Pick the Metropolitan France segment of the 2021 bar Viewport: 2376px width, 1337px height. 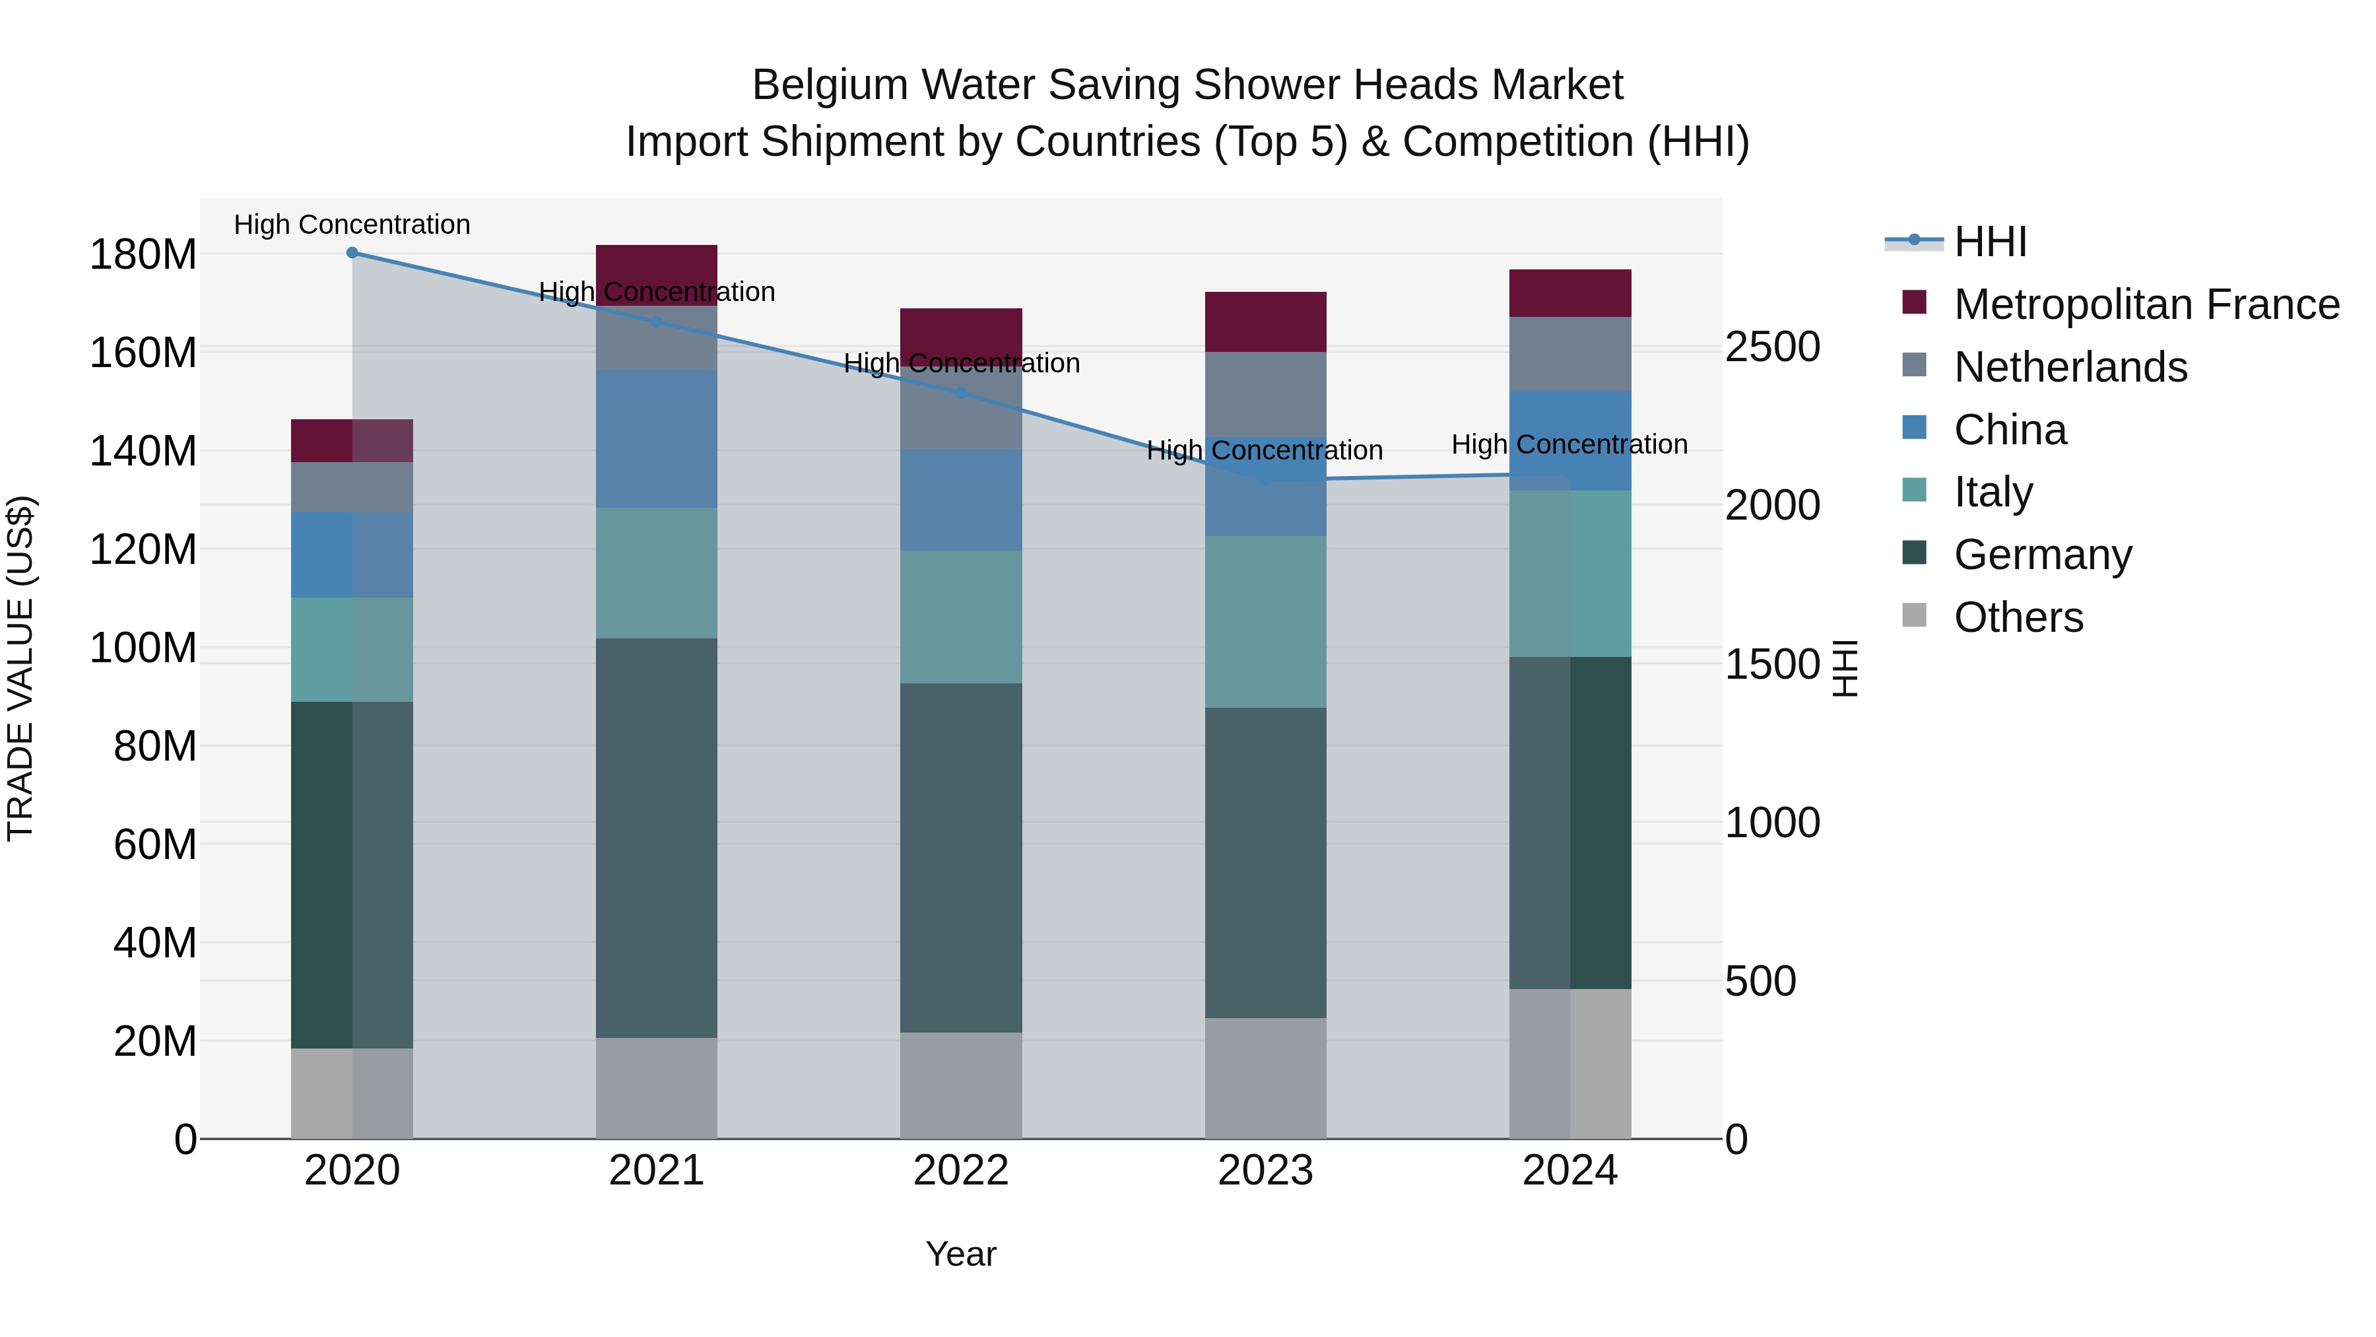click(x=657, y=267)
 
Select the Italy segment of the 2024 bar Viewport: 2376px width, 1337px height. click(x=1570, y=574)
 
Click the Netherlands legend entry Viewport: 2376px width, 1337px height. click(x=2070, y=367)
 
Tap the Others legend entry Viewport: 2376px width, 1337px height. click(x=2018, y=617)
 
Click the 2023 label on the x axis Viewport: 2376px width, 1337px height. click(x=1265, y=1171)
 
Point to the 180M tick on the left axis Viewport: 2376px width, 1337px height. click(x=143, y=255)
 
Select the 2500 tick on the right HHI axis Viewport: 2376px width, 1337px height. click(x=1772, y=348)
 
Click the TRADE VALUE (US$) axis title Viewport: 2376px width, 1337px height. click(x=21, y=668)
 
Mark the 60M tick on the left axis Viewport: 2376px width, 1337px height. click(x=155, y=844)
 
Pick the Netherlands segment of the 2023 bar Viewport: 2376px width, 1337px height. click(x=1265, y=394)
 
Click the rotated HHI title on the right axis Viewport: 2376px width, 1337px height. click(x=1844, y=668)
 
